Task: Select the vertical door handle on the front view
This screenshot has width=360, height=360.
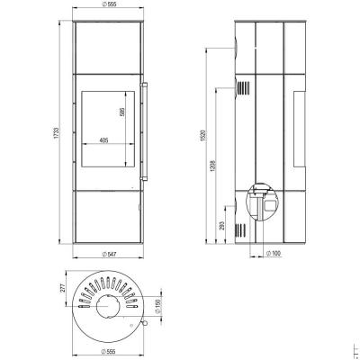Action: [141, 131]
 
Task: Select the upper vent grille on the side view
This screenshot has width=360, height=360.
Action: [241, 87]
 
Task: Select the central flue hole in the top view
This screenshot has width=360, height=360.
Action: [105, 310]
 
